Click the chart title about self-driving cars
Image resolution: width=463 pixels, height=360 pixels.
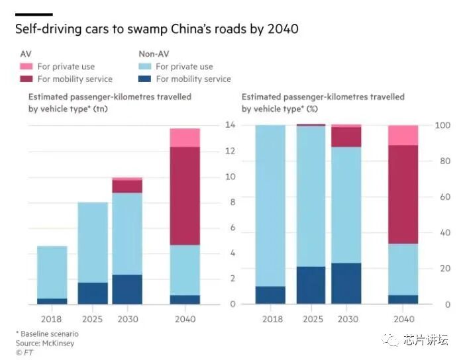156,29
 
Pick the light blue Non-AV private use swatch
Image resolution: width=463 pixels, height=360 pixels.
144,67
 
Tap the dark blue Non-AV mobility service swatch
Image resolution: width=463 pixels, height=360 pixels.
144,79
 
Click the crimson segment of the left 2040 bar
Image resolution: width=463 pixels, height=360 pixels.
185,196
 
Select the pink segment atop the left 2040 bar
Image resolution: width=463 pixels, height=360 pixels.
185,138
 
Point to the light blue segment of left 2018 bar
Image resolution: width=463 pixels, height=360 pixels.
52,272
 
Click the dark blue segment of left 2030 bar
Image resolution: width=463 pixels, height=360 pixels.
127,289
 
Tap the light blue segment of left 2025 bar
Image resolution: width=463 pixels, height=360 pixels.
93,242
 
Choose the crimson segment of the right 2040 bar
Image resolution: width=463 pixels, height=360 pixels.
403,195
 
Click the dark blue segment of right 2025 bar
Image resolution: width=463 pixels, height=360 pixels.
311,285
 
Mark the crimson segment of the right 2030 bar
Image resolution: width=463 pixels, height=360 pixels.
346,137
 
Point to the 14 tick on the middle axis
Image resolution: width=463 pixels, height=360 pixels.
231,125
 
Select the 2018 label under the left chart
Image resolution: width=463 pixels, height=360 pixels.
52,318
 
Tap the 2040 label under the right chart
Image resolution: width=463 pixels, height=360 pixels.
403,318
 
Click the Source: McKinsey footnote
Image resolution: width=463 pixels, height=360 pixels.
45,343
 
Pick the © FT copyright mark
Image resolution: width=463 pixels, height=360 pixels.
25,353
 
